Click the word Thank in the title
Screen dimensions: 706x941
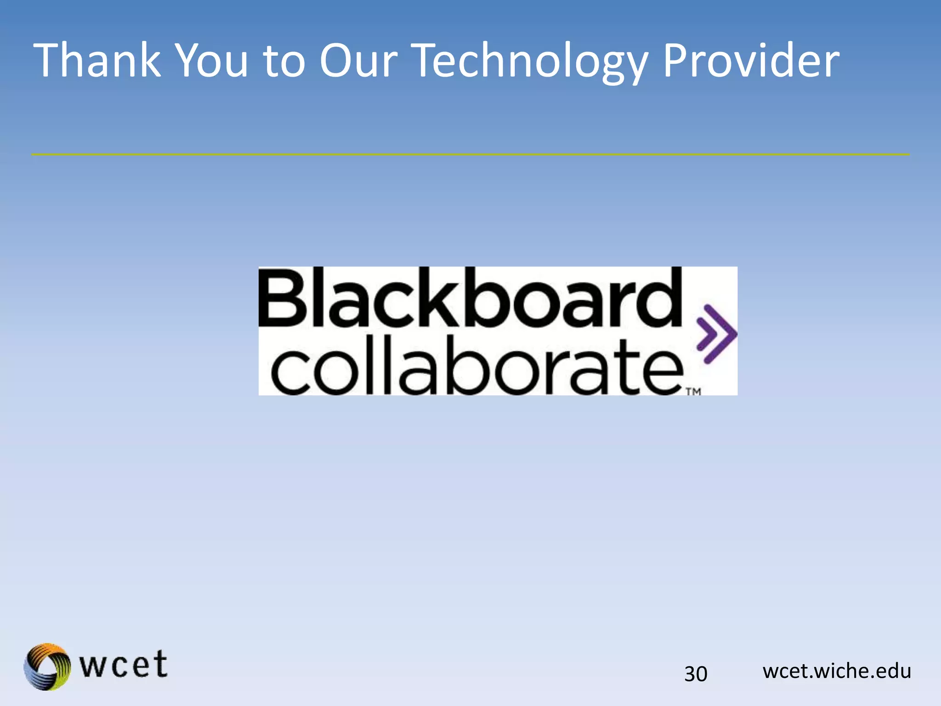(x=97, y=60)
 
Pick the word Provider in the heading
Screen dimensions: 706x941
(x=751, y=60)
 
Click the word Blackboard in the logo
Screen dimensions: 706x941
(x=470, y=297)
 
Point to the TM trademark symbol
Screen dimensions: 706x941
(x=693, y=392)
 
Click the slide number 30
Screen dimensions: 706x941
(x=696, y=674)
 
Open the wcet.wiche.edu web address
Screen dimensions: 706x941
(x=837, y=671)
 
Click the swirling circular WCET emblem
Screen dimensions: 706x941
(x=47, y=666)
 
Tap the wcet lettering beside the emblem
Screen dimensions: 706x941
(x=124, y=665)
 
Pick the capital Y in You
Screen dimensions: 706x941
(x=189, y=60)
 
